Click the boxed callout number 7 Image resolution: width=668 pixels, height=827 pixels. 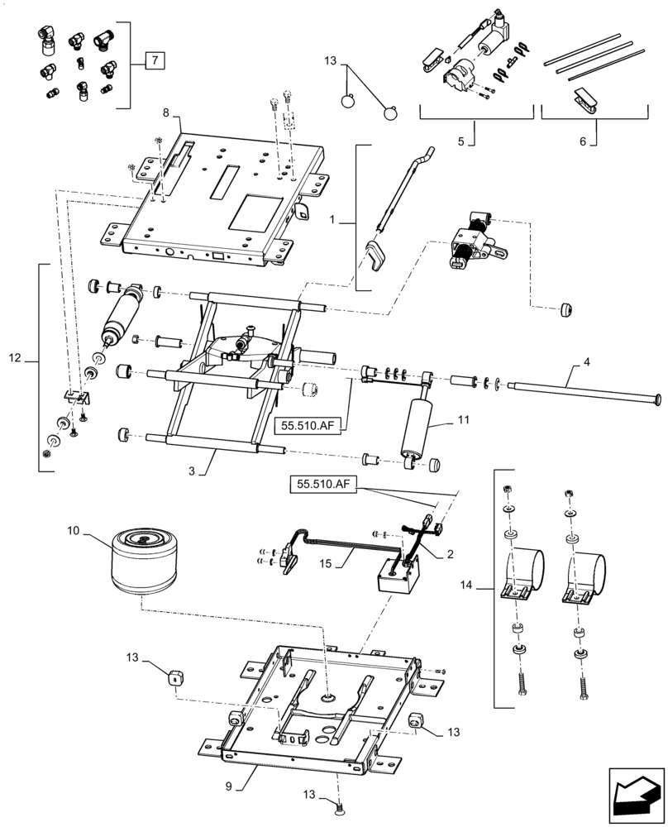coord(155,60)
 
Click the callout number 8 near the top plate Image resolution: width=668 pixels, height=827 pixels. coord(166,112)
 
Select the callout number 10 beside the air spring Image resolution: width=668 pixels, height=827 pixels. coord(73,531)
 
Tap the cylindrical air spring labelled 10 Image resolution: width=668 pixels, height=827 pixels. coord(143,562)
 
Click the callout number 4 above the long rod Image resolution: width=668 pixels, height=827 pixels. coord(586,362)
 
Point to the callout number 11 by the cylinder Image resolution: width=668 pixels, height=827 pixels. coord(464,420)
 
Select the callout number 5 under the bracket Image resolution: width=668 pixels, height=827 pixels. coord(461,141)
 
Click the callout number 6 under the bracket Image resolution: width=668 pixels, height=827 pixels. coord(583,141)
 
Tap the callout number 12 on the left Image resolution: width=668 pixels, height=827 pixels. coord(15,358)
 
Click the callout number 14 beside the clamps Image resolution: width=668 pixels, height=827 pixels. coord(466,585)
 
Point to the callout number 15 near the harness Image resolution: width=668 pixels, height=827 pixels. coord(326,563)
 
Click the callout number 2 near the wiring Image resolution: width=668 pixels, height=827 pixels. coord(450,554)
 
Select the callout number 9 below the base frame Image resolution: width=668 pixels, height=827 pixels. coord(228,786)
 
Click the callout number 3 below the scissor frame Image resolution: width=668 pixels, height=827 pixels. coord(192,471)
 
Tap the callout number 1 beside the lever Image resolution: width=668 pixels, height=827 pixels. coord(332,220)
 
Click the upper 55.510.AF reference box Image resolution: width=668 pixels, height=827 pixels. coord(308,426)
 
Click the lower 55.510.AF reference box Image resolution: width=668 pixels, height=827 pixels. coord(323,484)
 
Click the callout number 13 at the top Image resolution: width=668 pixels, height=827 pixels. coord(330,61)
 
